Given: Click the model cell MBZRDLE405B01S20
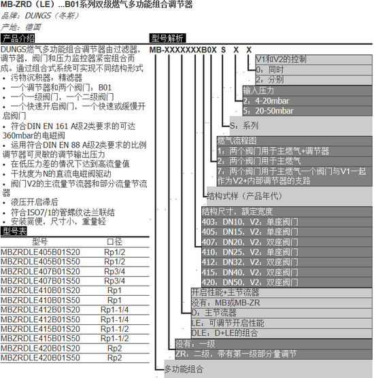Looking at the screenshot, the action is click(x=40, y=252).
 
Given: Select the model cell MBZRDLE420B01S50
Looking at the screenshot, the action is click(x=40, y=358).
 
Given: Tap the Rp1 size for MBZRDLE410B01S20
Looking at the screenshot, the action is click(x=114, y=290).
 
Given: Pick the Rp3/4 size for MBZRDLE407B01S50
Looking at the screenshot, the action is click(x=114, y=281).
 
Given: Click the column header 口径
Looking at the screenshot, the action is click(x=114, y=241).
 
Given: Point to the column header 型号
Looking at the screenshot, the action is click(x=40, y=241).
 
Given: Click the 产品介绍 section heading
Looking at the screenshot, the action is click(x=18, y=38).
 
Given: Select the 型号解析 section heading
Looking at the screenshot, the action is click(x=167, y=38).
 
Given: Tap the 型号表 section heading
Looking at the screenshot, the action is click(x=14, y=231).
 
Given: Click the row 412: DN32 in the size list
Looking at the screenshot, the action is click(x=250, y=262).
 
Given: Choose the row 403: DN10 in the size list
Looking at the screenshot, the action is click(x=250, y=222).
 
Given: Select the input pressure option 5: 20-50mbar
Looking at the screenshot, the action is click(x=268, y=111).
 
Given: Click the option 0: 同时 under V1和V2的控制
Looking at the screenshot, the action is click(x=270, y=70).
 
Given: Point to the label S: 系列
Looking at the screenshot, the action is click(x=244, y=126).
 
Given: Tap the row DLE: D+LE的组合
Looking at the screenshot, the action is click(x=224, y=333).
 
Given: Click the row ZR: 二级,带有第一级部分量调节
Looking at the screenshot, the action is click(x=236, y=354).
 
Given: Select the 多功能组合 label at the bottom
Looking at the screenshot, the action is click(x=184, y=369).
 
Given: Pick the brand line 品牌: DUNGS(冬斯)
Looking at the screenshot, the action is click(x=40, y=16).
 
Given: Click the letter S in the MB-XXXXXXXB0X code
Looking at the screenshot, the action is click(x=223, y=50).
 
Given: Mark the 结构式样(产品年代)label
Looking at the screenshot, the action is click(x=244, y=196).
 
